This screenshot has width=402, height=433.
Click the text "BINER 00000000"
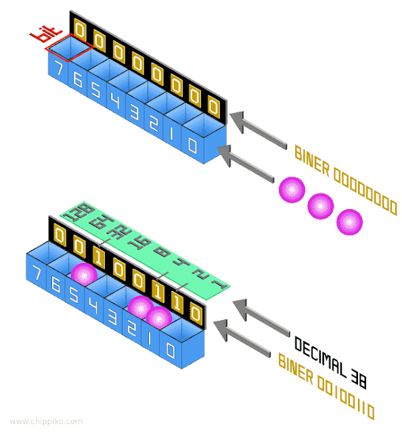344,180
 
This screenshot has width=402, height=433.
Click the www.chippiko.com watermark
46,421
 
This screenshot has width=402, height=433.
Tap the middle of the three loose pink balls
320,204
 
